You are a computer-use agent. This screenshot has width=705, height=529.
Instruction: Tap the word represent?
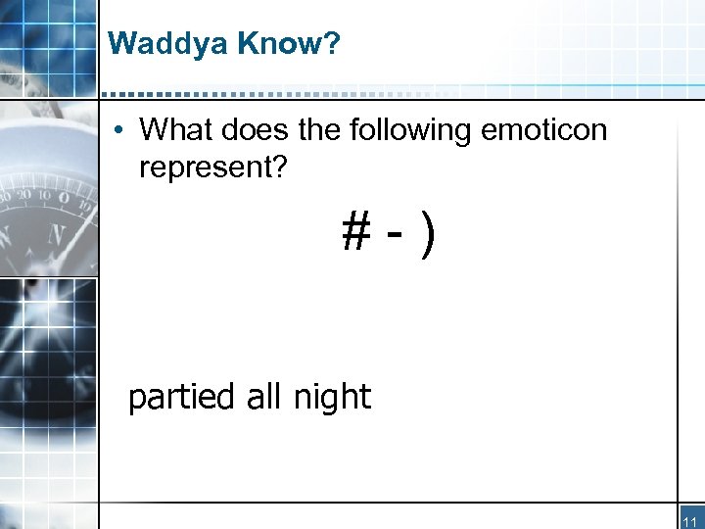[x=213, y=168]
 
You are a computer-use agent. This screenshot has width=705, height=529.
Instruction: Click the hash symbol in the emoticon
[x=355, y=233]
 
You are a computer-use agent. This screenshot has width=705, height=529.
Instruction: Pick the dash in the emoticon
[x=393, y=235]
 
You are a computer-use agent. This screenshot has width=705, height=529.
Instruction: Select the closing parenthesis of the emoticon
[x=426, y=235]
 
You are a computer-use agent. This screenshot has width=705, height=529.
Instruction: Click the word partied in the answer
[x=182, y=398]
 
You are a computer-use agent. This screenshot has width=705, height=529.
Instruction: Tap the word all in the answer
[x=264, y=397]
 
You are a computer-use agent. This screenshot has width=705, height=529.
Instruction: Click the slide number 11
[x=690, y=521]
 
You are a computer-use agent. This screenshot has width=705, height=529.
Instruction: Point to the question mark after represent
[x=280, y=168]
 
